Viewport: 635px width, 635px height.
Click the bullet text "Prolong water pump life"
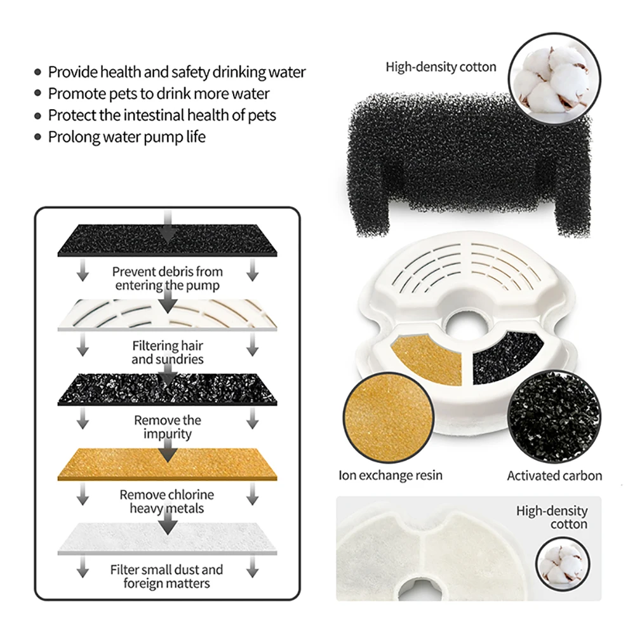(x=126, y=137)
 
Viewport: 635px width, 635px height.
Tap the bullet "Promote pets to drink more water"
(x=159, y=94)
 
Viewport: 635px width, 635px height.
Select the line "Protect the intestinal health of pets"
(x=162, y=116)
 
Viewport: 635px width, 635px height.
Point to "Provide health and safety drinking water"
(x=177, y=72)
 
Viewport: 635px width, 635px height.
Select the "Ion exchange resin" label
(x=391, y=475)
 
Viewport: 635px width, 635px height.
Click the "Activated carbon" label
(x=554, y=476)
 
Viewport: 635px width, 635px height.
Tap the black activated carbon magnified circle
(x=554, y=417)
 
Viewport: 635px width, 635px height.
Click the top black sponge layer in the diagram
(x=168, y=241)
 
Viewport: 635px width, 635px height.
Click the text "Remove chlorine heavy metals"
(x=167, y=502)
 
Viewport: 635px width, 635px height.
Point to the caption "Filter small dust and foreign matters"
(x=167, y=577)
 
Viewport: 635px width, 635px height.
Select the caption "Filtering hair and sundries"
(x=168, y=352)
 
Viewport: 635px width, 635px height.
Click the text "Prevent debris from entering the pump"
(x=168, y=278)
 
